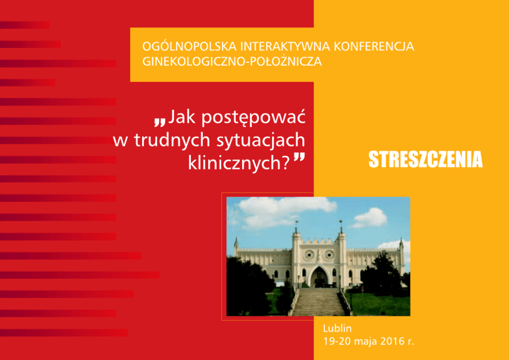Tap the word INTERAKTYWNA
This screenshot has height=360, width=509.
[285, 46]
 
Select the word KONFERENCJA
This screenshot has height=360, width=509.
[374, 46]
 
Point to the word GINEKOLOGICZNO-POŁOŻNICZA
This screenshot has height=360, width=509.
[232, 62]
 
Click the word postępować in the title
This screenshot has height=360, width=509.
[253, 118]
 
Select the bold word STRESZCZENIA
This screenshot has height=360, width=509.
[425, 159]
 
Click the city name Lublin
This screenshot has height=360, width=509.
[337, 328]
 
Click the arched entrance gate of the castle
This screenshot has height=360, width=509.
[319, 277]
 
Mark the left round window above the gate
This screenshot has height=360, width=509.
[309, 255]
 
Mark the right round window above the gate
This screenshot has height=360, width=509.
[329, 255]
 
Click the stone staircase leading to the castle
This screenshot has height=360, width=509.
[318, 301]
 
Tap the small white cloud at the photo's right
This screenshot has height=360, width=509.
[369, 218]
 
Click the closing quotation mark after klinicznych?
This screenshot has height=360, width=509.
[299, 158]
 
